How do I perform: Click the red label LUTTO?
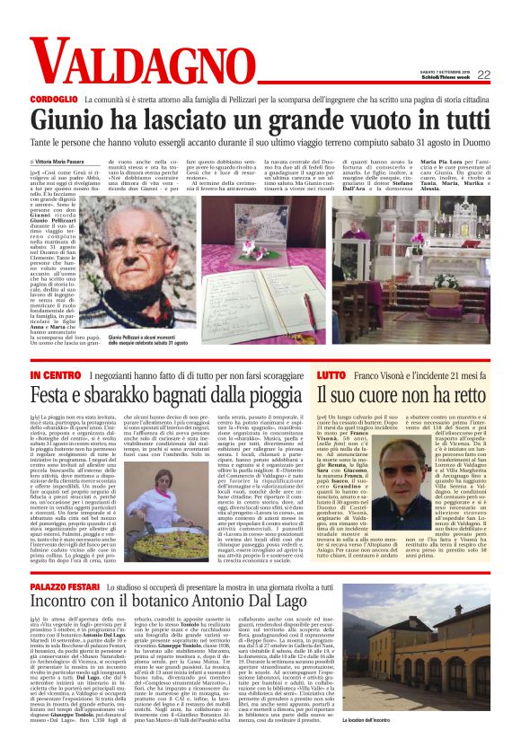coord(331,373)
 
